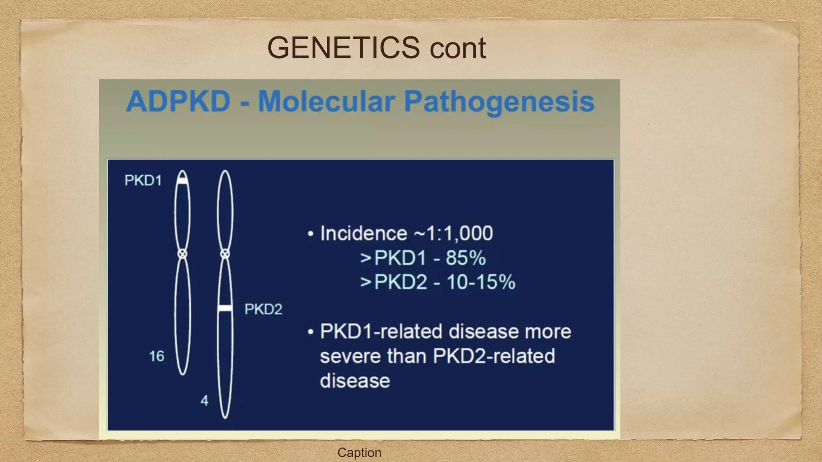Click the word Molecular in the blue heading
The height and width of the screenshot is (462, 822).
[325, 101]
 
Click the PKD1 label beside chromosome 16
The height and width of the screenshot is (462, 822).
[143, 180]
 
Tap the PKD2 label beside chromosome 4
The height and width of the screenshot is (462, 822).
[263, 309]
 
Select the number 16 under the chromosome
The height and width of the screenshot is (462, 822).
[157, 356]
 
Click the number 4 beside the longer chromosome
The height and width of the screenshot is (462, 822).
[204, 401]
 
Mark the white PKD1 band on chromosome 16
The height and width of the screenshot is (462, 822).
[183, 181]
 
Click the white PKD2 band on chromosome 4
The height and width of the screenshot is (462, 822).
[225, 308]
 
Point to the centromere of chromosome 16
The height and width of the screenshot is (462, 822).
[183, 254]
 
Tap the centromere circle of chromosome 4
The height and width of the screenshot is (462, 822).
[225, 253]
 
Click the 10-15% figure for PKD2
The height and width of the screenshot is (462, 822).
[481, 282]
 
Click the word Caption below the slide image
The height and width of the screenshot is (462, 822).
[359, 452]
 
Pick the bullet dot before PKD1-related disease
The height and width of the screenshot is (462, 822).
[310, 332]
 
